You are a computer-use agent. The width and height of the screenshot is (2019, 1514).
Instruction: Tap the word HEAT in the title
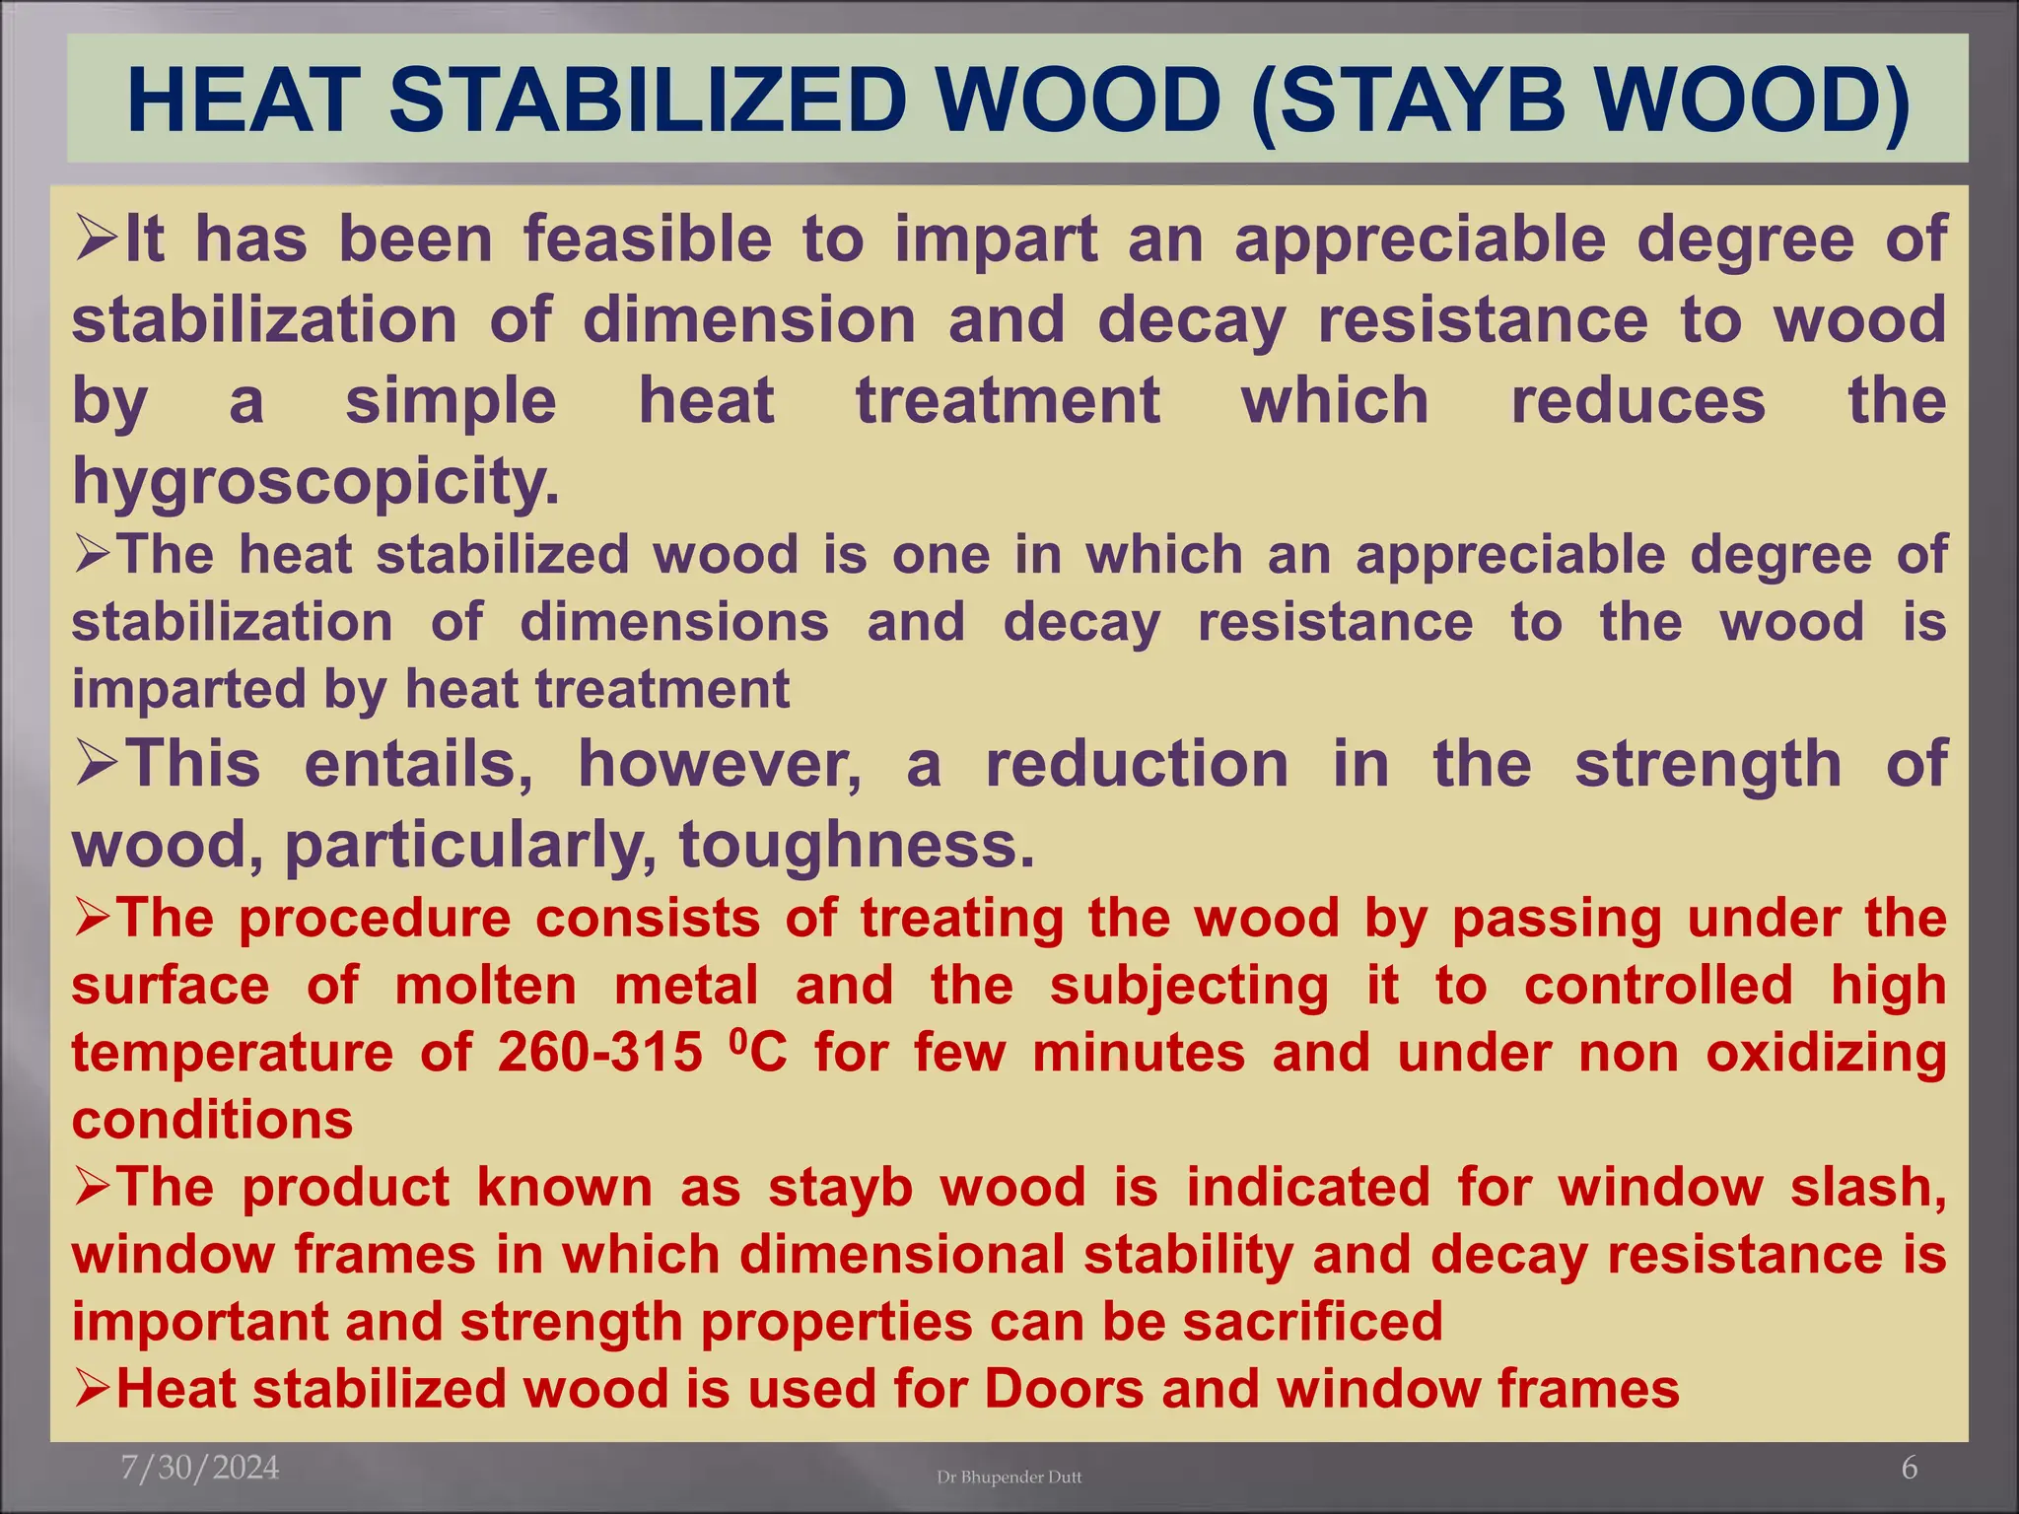244,101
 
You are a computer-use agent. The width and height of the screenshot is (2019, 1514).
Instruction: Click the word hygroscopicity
315,482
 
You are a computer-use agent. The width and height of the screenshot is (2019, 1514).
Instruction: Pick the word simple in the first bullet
451,401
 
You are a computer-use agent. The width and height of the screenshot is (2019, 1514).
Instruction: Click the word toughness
857,846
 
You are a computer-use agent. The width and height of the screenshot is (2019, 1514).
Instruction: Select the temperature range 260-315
599,1053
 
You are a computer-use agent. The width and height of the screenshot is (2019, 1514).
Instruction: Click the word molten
485,986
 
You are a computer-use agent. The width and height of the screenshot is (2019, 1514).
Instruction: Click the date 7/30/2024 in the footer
200,1468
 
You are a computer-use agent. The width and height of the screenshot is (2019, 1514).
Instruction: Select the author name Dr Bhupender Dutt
1009,1477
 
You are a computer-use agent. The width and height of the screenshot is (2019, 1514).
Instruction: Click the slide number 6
1909,1469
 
